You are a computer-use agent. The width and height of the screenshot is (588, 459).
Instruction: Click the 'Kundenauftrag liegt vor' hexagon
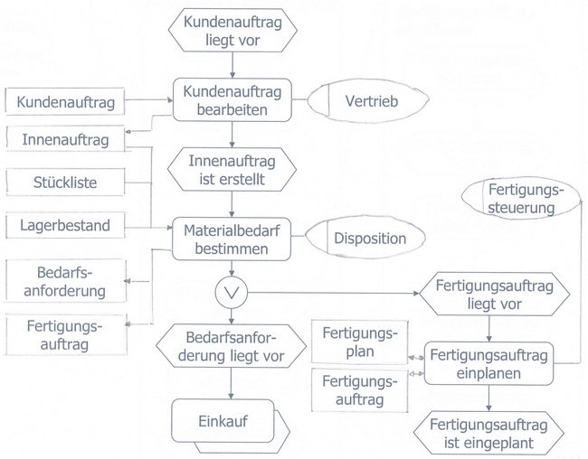232,31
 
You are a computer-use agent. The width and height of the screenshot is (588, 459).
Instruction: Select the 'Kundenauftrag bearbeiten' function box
232,100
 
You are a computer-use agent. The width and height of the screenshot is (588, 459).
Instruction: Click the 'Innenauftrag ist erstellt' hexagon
232,170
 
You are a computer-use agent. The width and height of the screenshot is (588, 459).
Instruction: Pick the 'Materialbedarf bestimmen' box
232,239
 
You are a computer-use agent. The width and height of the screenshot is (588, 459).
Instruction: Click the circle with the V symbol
232,292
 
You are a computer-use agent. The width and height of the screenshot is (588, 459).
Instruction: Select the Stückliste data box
66,183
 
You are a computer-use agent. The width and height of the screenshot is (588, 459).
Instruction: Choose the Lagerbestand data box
66,225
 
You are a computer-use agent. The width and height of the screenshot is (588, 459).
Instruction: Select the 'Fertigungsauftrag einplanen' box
489,364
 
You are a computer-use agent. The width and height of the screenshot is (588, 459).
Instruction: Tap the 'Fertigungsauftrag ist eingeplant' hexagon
489,433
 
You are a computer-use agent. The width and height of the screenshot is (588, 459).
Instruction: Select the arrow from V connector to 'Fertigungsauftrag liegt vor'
335,293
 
